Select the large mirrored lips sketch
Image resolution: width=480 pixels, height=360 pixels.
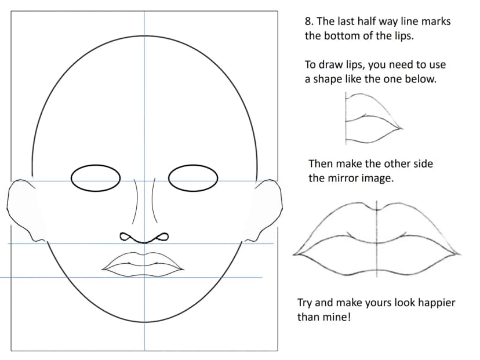point(377,239)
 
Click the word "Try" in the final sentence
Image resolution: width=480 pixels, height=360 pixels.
point(305,303)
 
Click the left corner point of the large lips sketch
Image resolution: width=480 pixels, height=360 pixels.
point(294,254)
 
